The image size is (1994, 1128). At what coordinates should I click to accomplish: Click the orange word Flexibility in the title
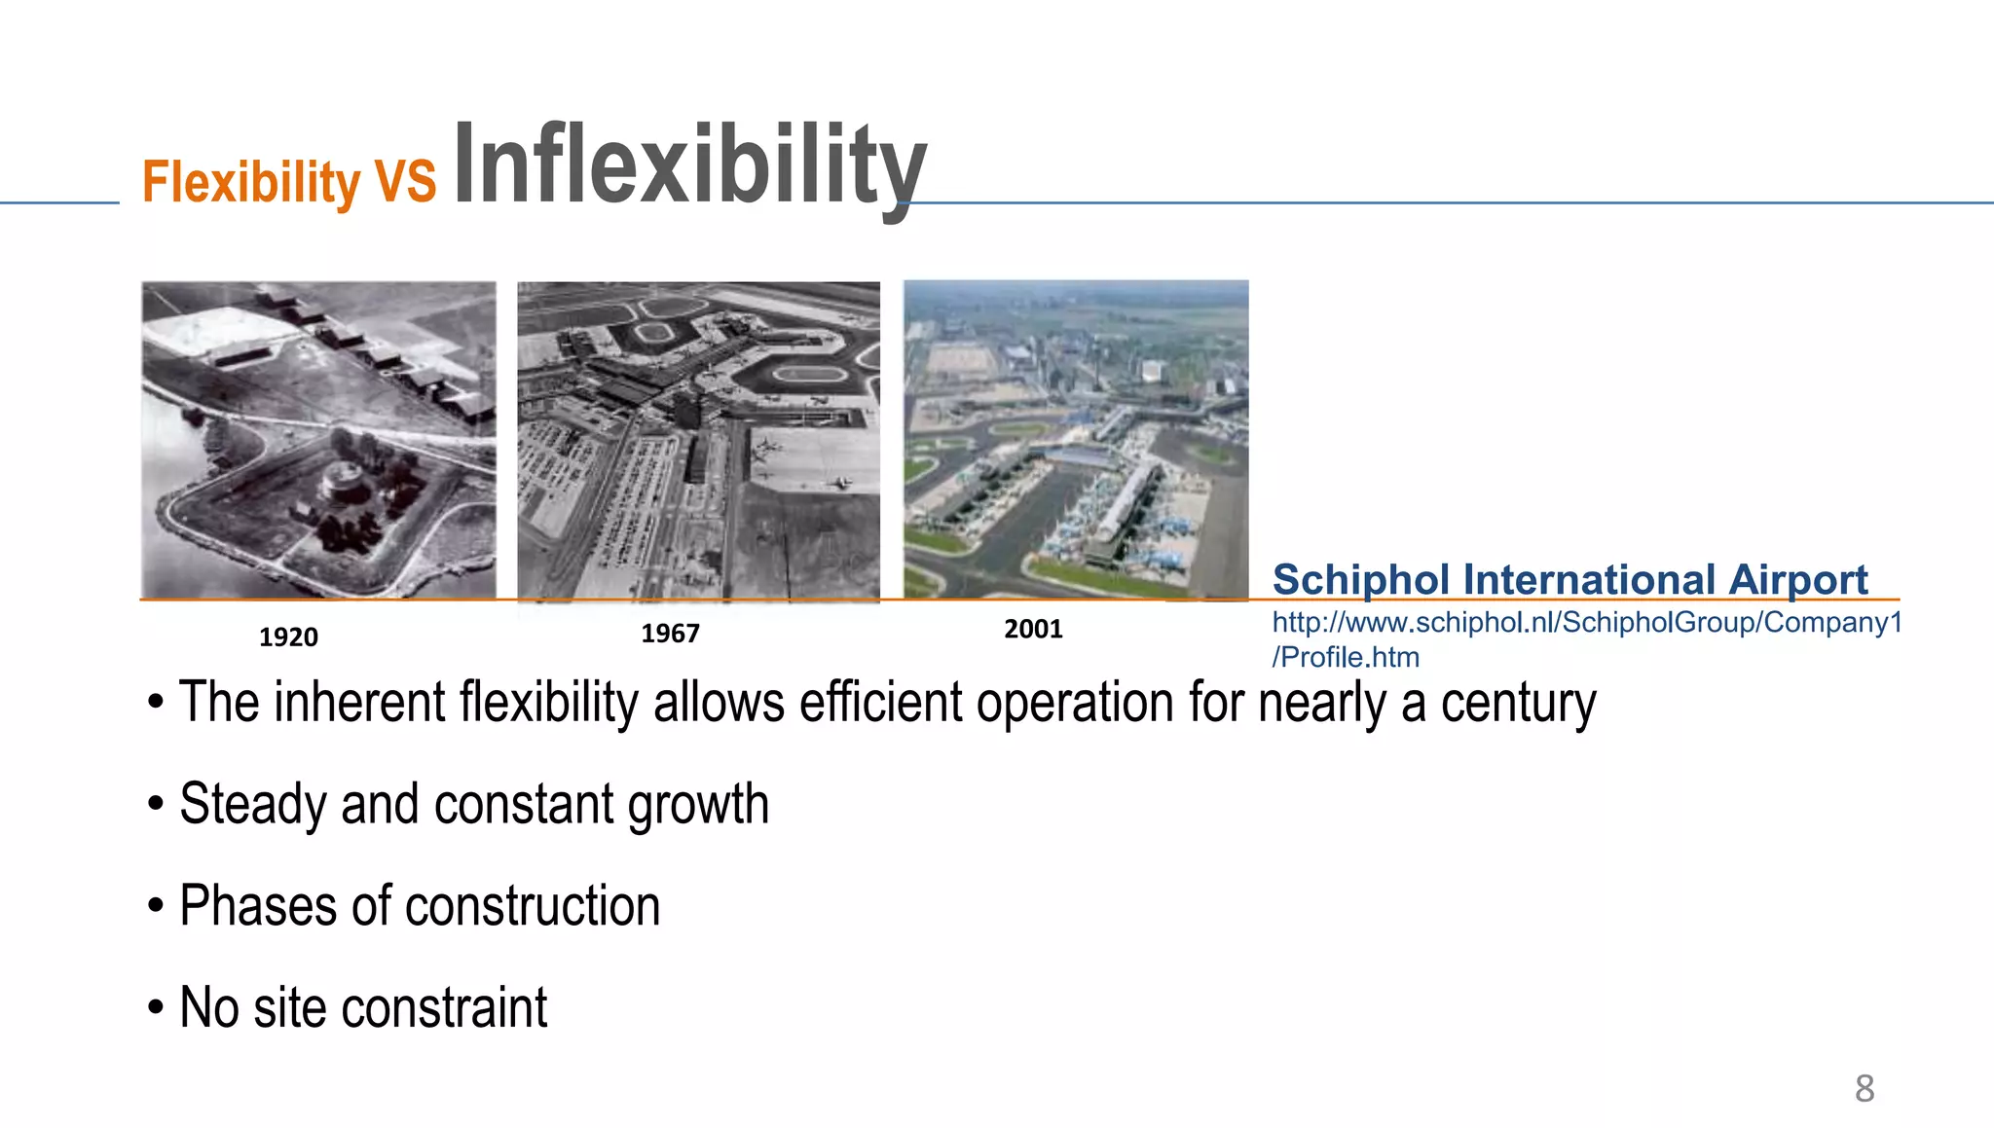tap(251, 181)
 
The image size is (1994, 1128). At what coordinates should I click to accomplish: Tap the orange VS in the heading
tap(406, 181)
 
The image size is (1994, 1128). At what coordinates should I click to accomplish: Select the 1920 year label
tap(288, 637)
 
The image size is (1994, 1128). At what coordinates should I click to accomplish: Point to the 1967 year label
tap(670, 634)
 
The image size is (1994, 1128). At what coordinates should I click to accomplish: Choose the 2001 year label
tap(1033, 629)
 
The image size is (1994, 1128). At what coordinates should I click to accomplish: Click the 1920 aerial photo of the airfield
tap(318, 439)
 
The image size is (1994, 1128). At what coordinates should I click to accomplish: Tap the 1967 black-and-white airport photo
tap(698, 440)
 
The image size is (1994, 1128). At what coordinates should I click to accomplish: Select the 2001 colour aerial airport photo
tap(1076, 439)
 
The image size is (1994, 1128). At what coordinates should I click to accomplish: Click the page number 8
tap(1864, 1088)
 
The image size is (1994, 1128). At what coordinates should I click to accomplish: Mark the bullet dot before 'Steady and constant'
tap(156, 806)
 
